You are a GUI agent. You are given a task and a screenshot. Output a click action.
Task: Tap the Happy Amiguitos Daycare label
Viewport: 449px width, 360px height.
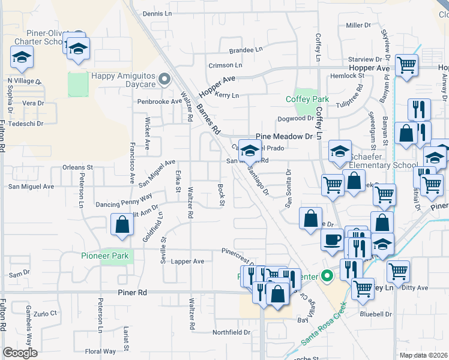click(123, 80)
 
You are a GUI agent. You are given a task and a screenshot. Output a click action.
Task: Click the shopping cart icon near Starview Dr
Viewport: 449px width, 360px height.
click(407, 65)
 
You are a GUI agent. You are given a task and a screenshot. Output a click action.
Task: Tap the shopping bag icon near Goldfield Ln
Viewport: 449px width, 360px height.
click(122, 225)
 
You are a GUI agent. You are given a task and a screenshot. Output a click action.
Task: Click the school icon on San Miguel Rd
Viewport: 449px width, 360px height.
click(250, 150)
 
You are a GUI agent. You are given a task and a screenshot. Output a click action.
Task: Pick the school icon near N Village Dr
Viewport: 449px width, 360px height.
click(22, 58)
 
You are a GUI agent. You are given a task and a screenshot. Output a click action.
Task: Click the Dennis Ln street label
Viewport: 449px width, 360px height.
click(157, 13)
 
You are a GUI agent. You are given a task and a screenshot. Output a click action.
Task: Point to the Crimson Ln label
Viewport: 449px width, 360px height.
click(225, 65)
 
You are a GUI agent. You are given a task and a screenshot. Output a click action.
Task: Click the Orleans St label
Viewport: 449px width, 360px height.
click(79, 167)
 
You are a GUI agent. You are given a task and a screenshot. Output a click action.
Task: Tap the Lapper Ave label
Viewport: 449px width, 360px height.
click(187, 262)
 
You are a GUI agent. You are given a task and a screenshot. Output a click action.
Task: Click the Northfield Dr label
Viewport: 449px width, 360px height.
click(231, 332)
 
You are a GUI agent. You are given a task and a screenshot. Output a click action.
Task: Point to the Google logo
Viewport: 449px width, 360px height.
click(20, 353)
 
